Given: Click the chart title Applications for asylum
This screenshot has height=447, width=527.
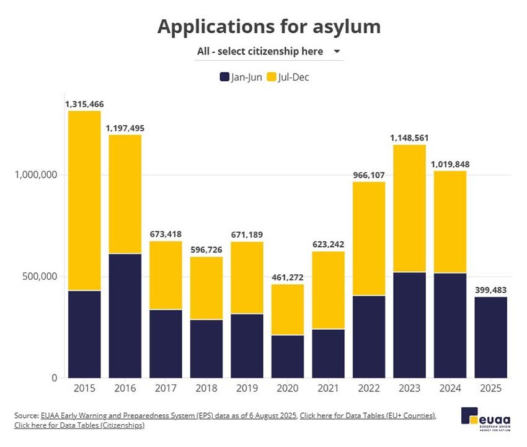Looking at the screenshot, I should point(268,27).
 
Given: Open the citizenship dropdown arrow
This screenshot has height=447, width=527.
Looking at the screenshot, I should point(337,51).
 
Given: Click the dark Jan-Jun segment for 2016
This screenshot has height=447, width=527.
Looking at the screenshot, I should point(125,316).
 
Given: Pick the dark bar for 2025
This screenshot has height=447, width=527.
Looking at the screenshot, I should point(491,337).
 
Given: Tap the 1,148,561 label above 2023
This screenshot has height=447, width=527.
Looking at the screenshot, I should point(410,137).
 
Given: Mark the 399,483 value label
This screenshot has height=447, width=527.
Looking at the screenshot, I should point(491,290).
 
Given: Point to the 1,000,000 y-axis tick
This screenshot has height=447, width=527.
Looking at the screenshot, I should point(35,175).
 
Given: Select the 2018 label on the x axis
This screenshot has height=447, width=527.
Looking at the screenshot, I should point(206,388).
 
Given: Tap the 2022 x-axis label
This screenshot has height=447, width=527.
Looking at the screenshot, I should point(369,388).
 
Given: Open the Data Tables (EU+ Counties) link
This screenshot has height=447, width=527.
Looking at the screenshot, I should point(368,415).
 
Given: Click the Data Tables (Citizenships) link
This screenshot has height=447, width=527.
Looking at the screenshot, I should point(79,425).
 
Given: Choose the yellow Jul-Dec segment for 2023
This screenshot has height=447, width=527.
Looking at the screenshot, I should point(410,208).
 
